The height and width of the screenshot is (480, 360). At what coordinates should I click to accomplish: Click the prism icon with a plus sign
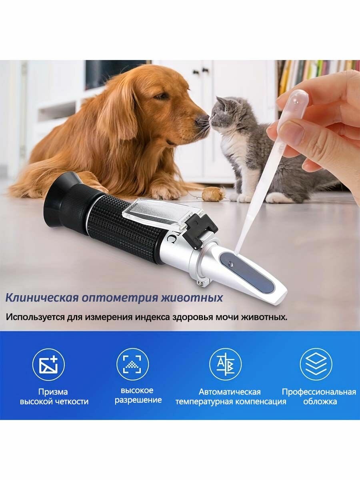coord(48,364)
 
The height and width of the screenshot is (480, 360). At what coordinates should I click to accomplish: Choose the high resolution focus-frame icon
coord(132,364)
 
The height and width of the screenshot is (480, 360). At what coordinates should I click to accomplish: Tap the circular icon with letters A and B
coord(225,364)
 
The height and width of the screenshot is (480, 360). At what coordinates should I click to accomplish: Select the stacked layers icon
coord(316,364)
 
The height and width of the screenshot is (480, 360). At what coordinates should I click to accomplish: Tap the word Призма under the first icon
coord(53,392)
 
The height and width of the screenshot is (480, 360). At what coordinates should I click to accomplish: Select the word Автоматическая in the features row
coord(230,392)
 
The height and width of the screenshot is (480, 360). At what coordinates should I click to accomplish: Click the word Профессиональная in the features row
coord(318,392)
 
